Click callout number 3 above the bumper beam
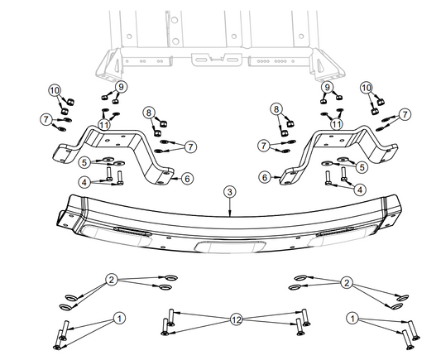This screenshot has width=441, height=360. coord(229,191)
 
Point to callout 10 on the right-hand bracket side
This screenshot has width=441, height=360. coord(367,88)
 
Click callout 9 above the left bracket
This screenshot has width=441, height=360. coord(121,87)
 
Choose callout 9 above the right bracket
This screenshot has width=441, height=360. coord(327,87)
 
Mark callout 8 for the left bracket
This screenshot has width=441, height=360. coord(149,112)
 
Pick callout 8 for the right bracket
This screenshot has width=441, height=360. coord(276,108)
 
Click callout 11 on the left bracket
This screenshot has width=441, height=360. coord(103,123)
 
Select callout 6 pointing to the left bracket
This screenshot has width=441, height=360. coord(187,178)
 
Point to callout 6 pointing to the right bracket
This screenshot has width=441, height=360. coord(265,176)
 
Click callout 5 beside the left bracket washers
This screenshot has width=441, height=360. coord(84,162)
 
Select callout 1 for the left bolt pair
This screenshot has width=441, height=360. coord(119,317)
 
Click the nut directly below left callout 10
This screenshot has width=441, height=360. coord(69,103)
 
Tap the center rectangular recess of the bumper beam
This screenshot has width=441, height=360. coord(226,247)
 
